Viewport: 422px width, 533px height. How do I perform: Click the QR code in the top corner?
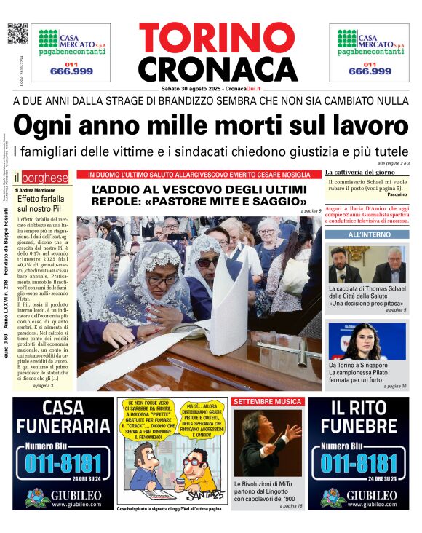coord(17,33)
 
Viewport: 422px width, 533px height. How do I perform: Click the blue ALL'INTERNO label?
coord(369,236)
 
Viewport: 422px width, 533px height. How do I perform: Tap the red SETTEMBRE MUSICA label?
coord(267,401)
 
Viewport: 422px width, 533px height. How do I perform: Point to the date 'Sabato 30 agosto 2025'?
coord(191,88)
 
